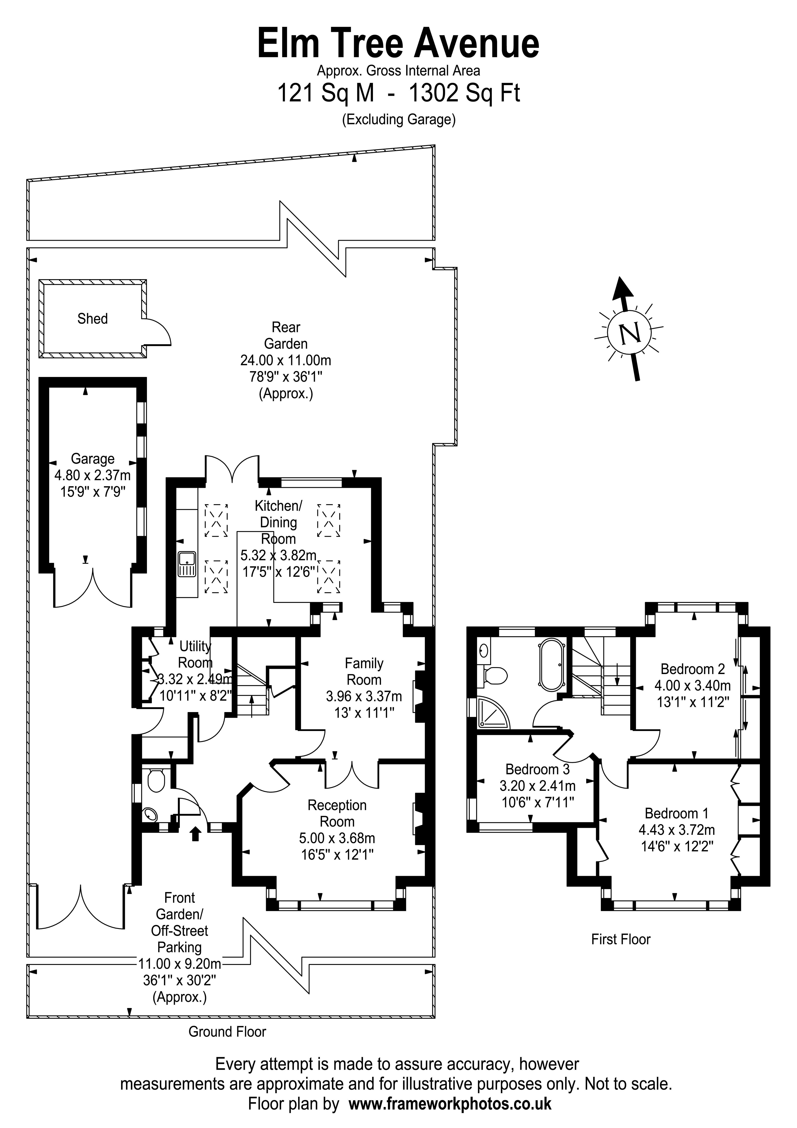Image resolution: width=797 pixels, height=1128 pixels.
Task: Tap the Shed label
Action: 92,319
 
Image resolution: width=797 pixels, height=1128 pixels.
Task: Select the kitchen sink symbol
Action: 187,564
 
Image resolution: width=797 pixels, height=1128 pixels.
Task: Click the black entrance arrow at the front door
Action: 196,834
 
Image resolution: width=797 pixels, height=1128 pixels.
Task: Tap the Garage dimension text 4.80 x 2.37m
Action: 92,475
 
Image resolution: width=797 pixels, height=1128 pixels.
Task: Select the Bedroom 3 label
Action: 538,769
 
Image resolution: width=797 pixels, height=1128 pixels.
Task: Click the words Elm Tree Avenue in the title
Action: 398,44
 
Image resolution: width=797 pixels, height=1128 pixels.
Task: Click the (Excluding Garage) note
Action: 399,119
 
